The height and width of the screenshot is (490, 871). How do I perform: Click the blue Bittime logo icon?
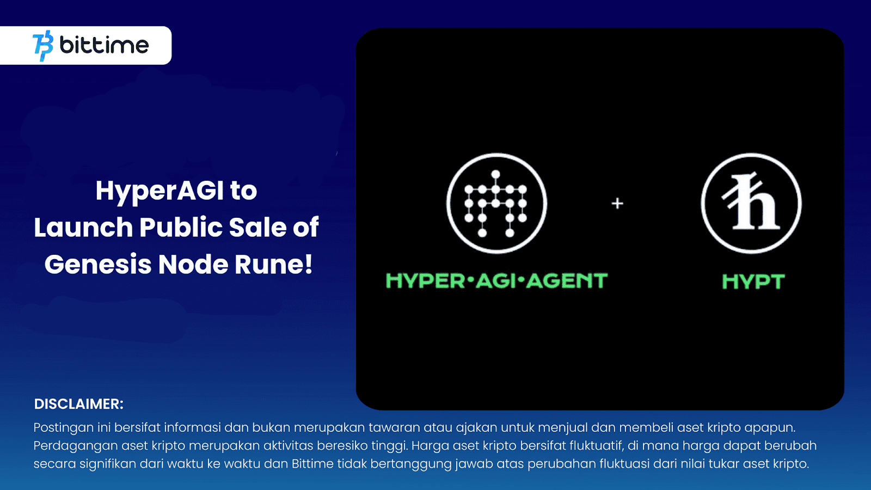tap(43, 45)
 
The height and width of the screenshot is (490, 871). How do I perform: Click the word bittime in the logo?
tap(104, 45)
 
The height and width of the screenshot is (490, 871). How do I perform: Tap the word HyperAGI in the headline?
tap(159, 191)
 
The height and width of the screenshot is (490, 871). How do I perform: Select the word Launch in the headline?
tap(83, 228)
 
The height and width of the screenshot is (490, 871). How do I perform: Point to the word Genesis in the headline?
tap(98, 265)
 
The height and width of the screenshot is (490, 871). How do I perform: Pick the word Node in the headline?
tap(193, 265)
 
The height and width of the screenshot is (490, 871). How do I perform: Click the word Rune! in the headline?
tap(274, 265)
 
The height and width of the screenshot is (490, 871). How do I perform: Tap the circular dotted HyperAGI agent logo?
tap(496, 203)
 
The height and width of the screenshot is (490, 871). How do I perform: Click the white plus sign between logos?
tap(617, 204)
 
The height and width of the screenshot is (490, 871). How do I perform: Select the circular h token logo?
tap(751, 203)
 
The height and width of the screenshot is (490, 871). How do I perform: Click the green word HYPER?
tap(425, 281)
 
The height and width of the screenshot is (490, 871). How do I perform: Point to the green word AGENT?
tap(567, 281)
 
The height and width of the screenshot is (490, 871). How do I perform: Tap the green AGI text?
tap(496, 281)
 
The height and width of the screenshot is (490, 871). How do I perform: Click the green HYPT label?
tap(753, 281)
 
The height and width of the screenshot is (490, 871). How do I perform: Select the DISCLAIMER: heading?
tap(79, 404)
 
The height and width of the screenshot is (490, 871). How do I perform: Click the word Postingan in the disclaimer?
tap(63, 428)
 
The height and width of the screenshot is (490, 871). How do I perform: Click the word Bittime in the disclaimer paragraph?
tap(312, 464)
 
